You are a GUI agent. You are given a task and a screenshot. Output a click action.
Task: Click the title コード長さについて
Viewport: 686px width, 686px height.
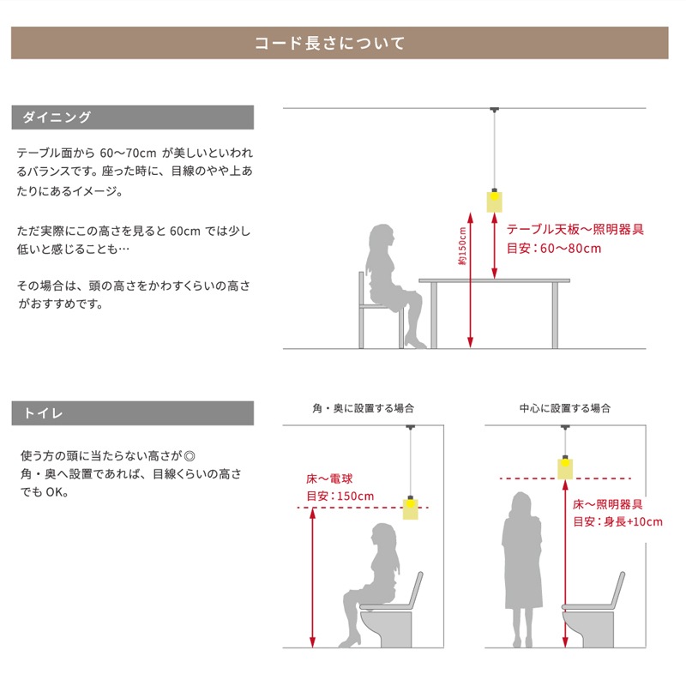pyautogui.click(x=329, y=43)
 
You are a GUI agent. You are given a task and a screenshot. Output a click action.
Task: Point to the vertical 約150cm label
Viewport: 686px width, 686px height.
pyautogui.click(x=462, y=246)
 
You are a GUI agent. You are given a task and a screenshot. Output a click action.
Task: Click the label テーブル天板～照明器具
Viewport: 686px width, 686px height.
pyautogui.click(x=575, y=229)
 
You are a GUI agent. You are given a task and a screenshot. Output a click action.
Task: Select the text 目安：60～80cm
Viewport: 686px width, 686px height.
pyautogui.click(x=554, y=249)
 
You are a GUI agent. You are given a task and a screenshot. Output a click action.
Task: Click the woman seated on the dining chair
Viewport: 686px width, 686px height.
pyautogui.click(x=394, y=286)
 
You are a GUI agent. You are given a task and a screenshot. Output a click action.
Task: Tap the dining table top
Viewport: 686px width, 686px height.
pyautogui.click(x=495, y=280)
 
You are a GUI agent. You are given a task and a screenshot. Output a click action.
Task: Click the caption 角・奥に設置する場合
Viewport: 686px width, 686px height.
pyautogui.click(x=363, y=408)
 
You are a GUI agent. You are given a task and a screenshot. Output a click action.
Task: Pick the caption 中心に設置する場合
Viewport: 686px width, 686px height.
pyautogui.click(x=565, y=408)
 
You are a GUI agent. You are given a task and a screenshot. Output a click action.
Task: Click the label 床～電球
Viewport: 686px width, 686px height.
pyautogui.click(x=329, y=478)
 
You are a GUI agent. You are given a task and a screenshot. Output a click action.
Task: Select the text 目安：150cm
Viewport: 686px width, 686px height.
pyautogui.click(x=340, y=496)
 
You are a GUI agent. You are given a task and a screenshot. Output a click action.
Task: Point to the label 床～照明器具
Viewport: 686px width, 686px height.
pyautogui.click(x=608, y=504)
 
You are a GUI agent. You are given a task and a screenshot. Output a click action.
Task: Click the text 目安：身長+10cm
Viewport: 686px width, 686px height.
pyautogui.click(x=617, y=521)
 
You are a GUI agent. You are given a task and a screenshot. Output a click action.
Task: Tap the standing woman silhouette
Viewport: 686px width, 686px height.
pyautogui.click(x=522, y=569)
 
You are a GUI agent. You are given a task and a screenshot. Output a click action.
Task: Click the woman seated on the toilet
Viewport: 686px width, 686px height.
pyautogui.click(x=372, y=584)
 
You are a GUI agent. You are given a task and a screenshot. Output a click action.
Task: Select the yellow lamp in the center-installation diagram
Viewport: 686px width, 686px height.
pyautogui.click(x=565, y=467)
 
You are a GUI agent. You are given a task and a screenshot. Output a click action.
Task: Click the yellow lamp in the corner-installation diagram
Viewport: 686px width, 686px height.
pyautogui.click(x=411, y=508)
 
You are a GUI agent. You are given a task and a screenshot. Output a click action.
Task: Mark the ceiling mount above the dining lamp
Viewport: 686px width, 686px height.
pyautogui.click(x=495, y=110)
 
